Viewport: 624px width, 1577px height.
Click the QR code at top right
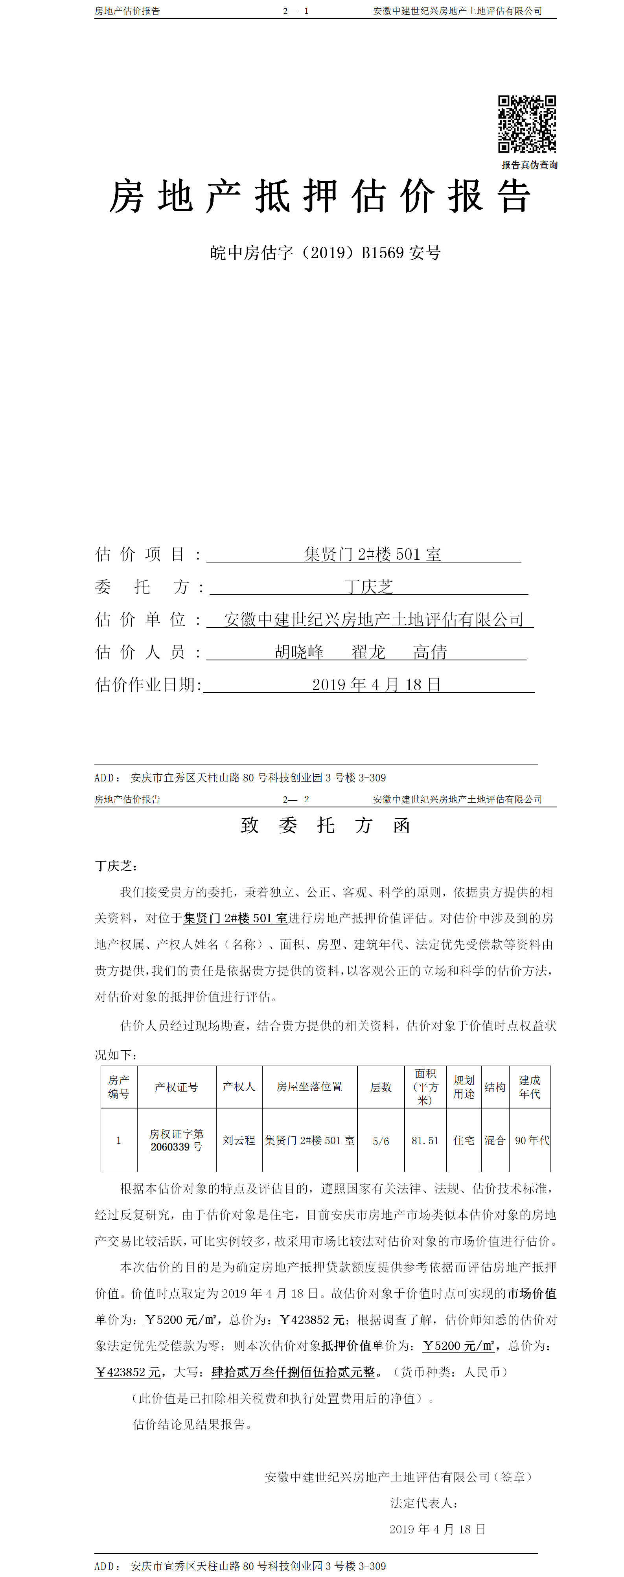pos(526,124)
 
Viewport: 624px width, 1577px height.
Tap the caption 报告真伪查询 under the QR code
pos(529,165)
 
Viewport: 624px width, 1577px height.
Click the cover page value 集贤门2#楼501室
pos(372,555)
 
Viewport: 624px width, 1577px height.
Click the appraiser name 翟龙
pos(368,652)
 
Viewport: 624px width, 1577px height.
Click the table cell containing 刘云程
pos(239,1140)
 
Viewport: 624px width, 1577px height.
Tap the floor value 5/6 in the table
pos(381,1141)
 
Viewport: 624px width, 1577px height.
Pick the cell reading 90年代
pos(532,1140)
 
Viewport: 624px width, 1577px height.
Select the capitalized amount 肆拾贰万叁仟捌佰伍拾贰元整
pos(293,1372)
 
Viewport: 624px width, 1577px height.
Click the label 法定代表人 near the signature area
pos(424,1503)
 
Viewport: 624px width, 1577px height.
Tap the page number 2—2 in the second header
pos(296,799)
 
